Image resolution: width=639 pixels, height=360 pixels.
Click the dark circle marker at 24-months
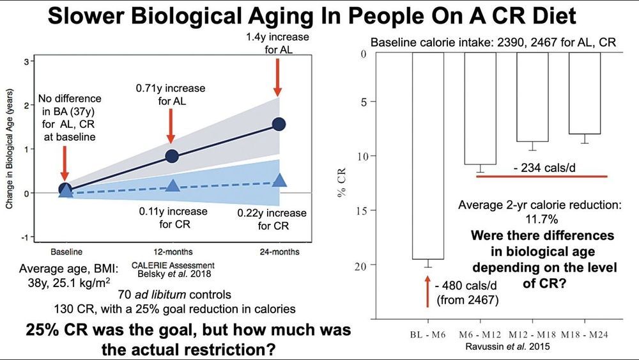click(x=279, y=124)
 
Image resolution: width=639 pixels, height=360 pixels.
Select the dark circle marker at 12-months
click(x=171, y=156)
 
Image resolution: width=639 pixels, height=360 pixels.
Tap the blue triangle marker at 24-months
click(x=279, y=180)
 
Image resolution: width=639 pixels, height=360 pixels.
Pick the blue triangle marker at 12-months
click(x=171, y=185)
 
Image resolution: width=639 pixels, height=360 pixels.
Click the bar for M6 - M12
click(x=480, y=108)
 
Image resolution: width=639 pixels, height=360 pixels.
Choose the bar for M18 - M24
click(x=584, y=93)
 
